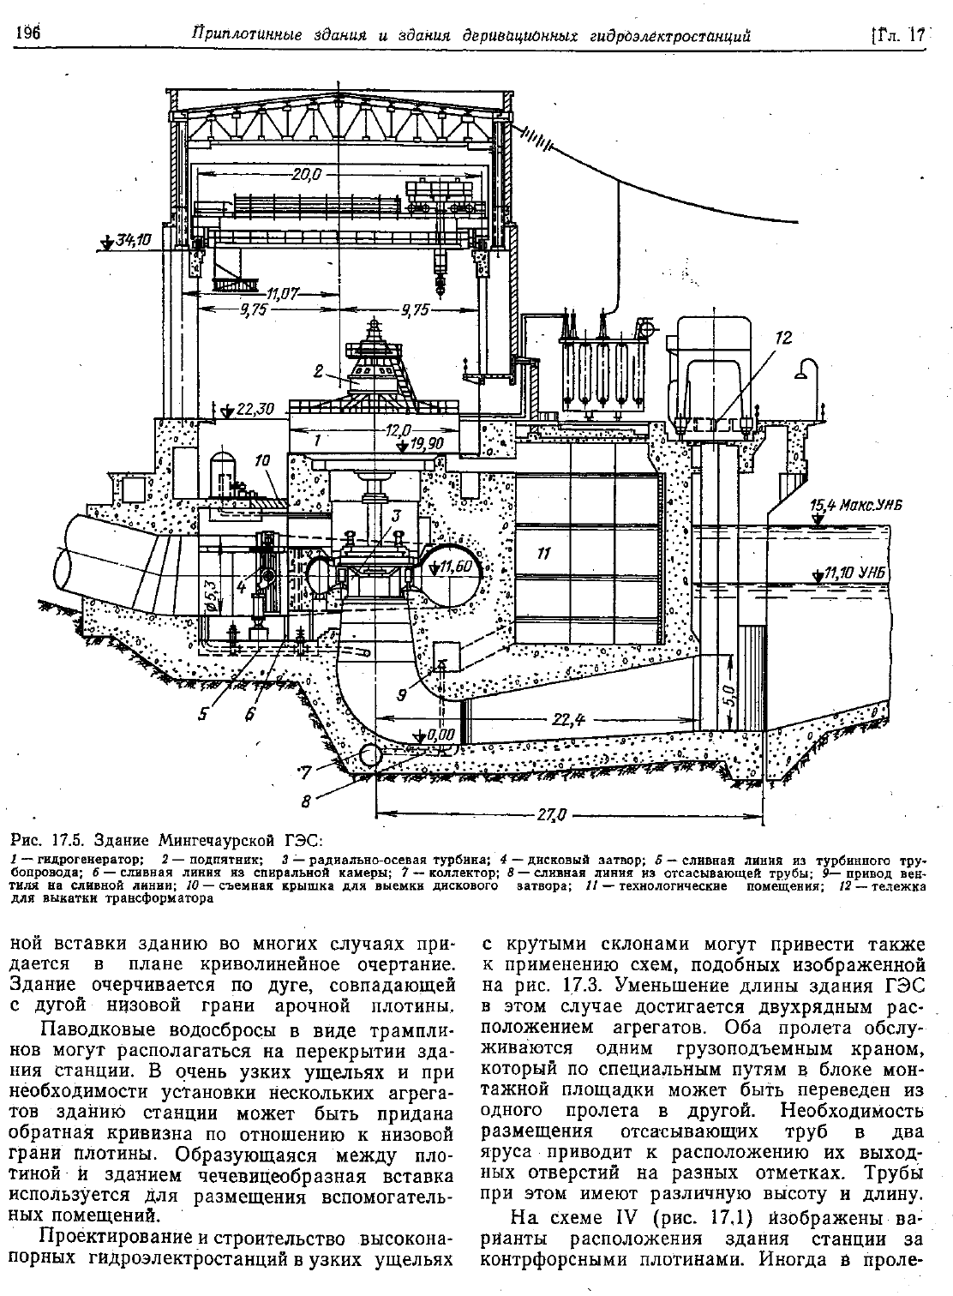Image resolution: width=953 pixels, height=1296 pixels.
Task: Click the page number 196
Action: [28, 33]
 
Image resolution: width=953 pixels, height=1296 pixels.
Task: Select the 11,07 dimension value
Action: [283, 294]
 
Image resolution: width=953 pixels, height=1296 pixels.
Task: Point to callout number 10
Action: [262, 460]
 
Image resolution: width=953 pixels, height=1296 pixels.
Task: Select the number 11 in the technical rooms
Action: [544, 554]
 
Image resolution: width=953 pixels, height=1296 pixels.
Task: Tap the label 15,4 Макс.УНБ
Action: [855, 507]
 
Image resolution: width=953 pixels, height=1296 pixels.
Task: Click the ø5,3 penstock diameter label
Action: [211, 591]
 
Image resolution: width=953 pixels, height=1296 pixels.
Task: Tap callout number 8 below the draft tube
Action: [306, 801]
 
